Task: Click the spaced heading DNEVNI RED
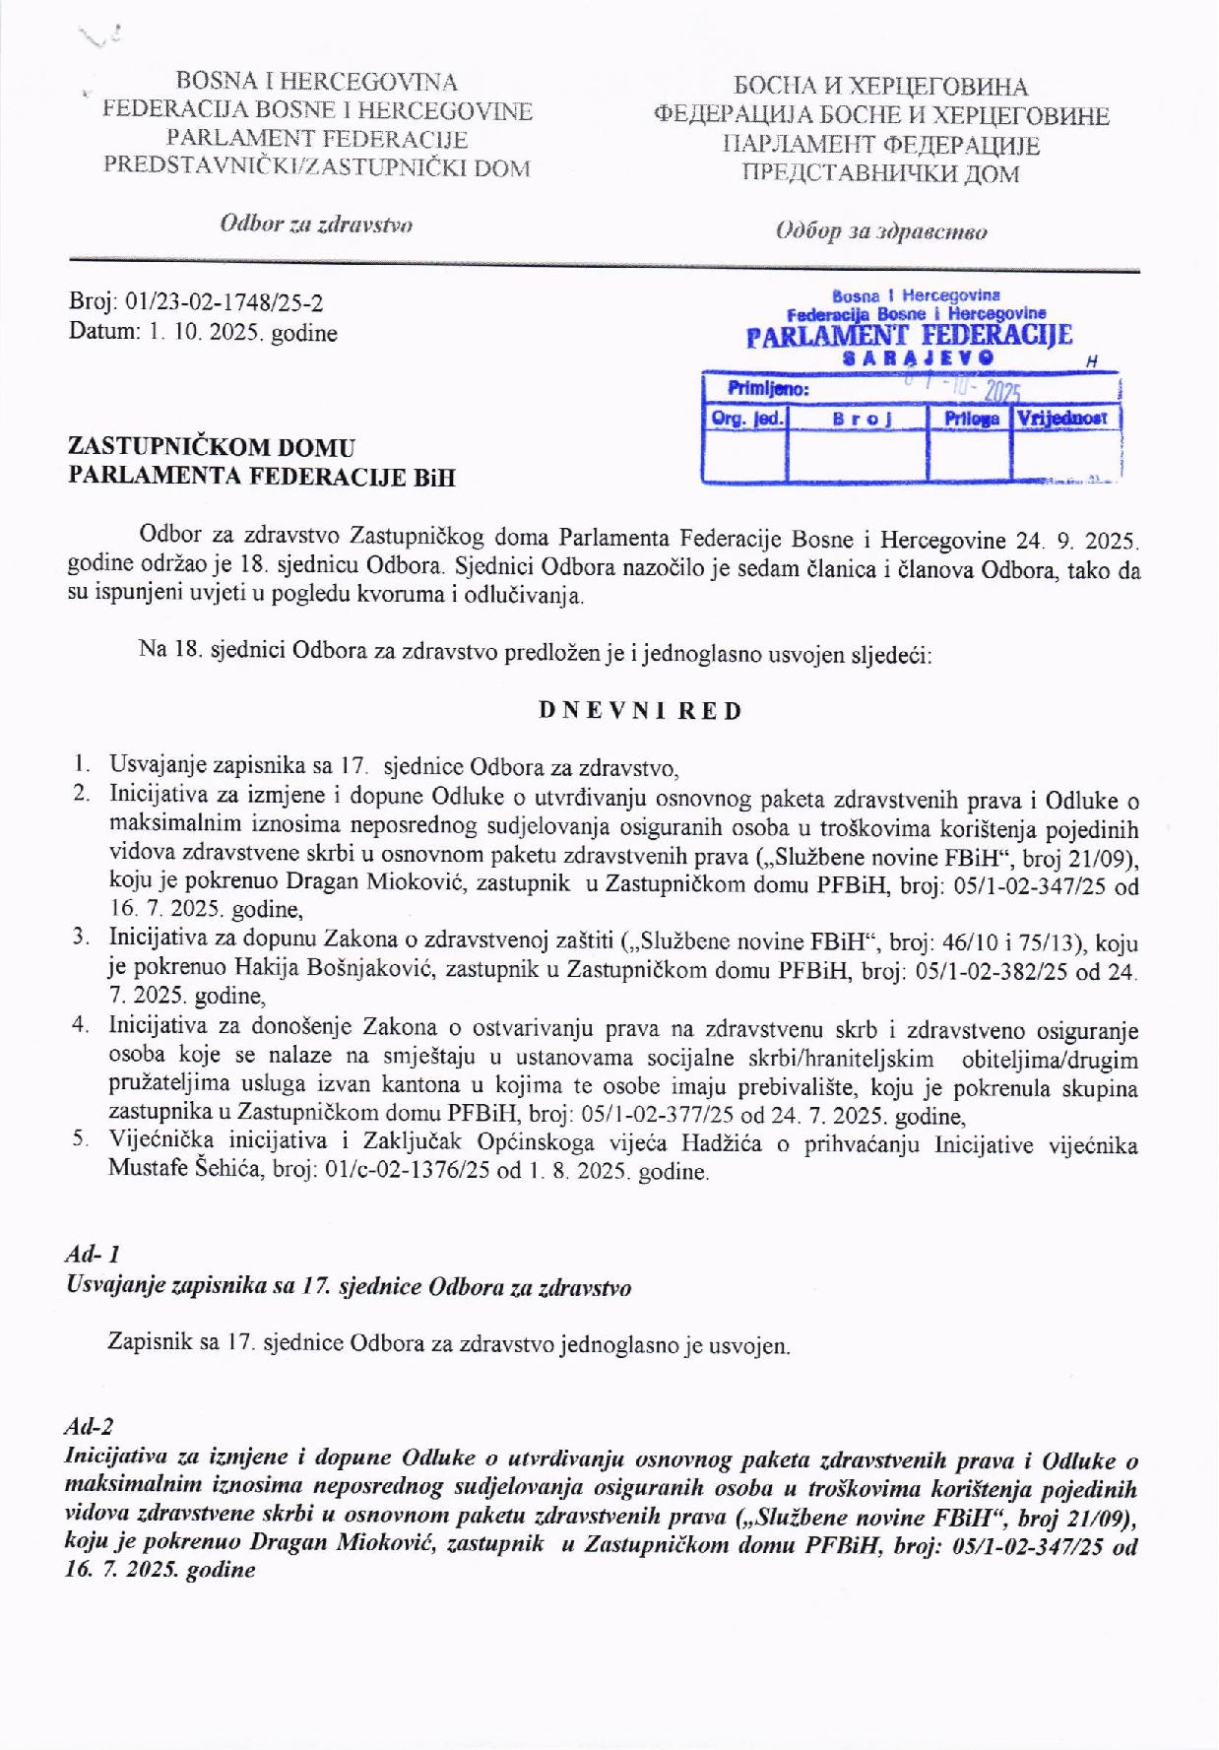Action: click(641, 710)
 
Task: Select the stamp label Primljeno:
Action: click(768, 389)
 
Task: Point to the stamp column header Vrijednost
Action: click(1064, 418)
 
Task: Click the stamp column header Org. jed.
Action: click(747, 418)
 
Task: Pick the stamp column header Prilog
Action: click(971, 418)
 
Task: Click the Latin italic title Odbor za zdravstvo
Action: click(316, 224)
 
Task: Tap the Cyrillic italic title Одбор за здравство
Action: click(881, 231)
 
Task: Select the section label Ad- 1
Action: click(93, 1255)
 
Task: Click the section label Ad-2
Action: click(89, 1426)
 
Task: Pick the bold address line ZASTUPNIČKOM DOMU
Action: click(212, 447)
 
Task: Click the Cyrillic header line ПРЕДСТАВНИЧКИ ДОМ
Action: click(880, 174)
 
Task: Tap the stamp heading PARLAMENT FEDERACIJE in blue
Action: click(909, 337)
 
